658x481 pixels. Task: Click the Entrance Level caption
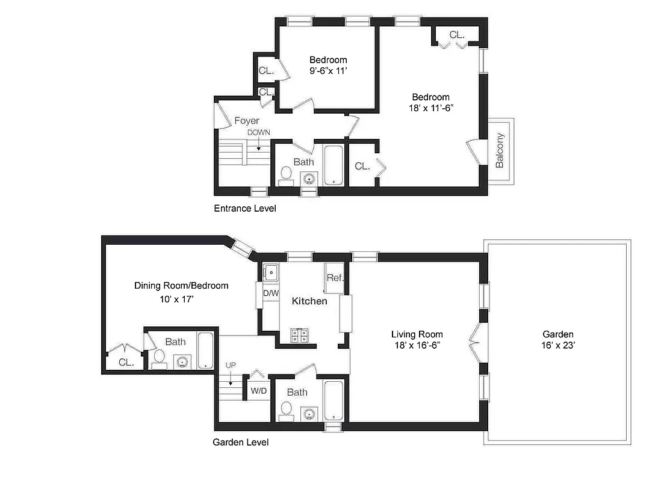tap(245, 209)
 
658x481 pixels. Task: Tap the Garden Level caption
tap(241, 443)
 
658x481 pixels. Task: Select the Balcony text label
tap(500, 150)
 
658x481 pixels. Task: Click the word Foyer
tap(247, 121)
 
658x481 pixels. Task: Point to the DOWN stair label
tap(258, 132)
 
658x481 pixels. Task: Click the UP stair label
tap(231, 365)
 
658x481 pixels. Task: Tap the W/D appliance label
tap(258, 391)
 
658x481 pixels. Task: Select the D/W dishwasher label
tap(271, 293)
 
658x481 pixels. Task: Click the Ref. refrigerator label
tap(335, 278)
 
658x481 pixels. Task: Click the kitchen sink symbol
tap(270, 272)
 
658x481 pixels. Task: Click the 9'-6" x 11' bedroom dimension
tap(328, 71)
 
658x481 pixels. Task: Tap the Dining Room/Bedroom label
tap(181, 286)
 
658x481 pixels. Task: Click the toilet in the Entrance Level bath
tap(286, 176)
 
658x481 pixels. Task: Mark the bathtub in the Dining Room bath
tap(205, 350)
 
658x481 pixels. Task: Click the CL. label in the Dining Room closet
tap(126, 362)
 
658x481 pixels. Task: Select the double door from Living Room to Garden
tap(474, 343)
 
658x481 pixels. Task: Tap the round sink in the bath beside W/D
tap(309, 414)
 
